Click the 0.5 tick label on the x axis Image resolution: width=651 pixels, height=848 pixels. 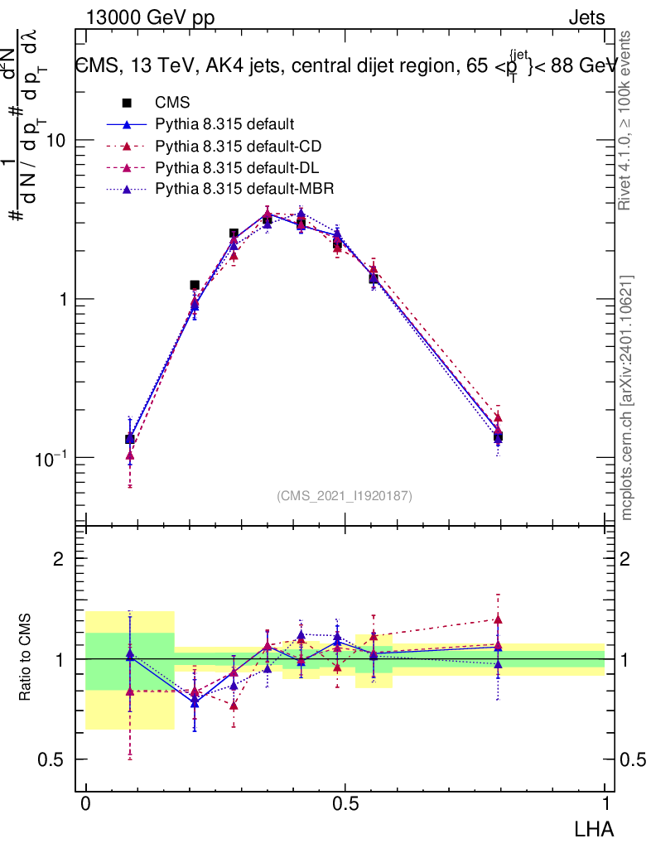click(345, 804)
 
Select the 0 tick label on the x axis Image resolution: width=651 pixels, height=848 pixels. click(86, 804)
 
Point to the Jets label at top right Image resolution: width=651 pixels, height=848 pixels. click(586, 17)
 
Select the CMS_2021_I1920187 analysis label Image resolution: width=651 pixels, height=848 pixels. click(345, 495)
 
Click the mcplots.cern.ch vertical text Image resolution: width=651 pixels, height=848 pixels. click(627, 397)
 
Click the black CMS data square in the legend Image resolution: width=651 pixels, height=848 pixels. click(127, 104)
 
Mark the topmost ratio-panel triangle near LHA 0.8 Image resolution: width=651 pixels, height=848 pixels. click(498, 619)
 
